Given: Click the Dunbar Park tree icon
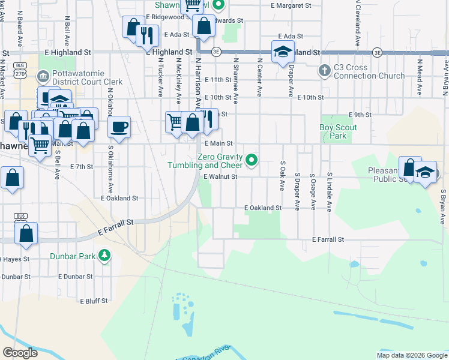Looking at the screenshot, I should (x=105, y=256).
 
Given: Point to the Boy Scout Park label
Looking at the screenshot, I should (x=339, y=132).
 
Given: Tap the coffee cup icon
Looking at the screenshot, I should (x=119, y=127).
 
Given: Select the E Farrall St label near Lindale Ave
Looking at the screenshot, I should (x=328, y=239).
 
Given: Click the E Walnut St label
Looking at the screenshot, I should (x=220, y=177).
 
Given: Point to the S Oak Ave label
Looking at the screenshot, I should (x=282, y=176).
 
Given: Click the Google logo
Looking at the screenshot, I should (x=20, y=353).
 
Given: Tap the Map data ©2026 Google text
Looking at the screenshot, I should (x=411, y=355).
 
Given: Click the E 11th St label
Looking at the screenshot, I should (x=217, y=80).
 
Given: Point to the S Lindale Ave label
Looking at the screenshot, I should (x=330, y=193).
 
